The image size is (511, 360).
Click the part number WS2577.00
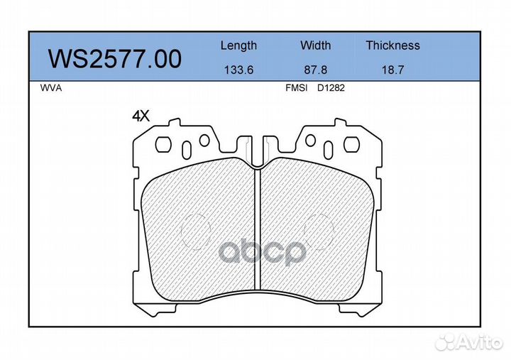click(115, 59)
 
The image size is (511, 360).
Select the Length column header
click(238, 45)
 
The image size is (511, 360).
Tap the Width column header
click(315, 45)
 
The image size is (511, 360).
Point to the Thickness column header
click(392, 45)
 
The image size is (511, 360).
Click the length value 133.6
click(238, 70)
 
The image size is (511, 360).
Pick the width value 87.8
click(315, 70)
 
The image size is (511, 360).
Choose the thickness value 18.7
click(392, 70)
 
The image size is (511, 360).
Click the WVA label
click(51, 88)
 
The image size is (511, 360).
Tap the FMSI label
click(296, 88)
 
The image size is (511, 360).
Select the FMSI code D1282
click(331, 88)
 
